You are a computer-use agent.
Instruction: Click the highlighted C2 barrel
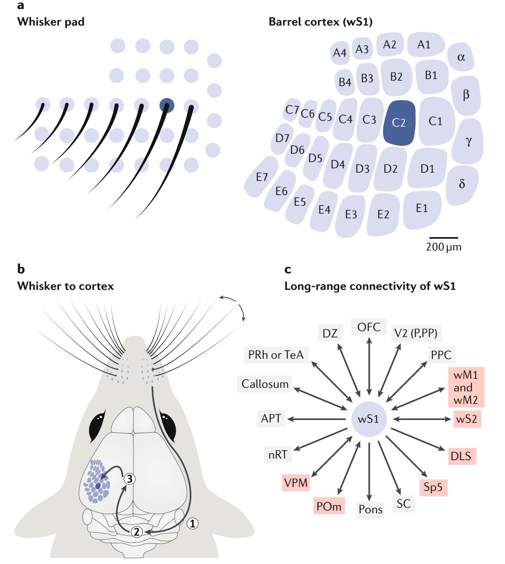(x=399, y=123)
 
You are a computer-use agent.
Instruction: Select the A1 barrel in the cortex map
(x=424, y=44)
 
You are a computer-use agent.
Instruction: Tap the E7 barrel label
(x=262, y=177)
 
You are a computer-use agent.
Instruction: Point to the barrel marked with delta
(x=462, y=184)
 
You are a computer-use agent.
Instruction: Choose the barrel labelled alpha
(x=461, y=57)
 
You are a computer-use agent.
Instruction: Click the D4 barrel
(x=338, y=164)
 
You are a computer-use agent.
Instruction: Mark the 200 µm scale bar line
(x=443, y=238)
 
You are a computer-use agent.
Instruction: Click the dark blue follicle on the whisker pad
(x=167, y=105)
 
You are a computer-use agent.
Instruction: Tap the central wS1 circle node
(x=369, y=419)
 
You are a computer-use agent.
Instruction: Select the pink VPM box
(x=296, y=483)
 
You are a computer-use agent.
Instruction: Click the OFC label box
(x=369, y=327)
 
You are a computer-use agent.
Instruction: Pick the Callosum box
(x=265, y=384)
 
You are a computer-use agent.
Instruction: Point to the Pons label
(x=370, y=509)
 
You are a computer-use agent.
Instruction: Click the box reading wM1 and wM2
(x=466, y=387)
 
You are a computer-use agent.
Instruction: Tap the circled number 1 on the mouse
(x=192, y=523)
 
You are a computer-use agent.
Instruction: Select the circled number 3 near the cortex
(x=129, y=479)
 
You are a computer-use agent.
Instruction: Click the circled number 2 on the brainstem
(x=136, y=532)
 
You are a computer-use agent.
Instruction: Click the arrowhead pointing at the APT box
(x=291, y=419)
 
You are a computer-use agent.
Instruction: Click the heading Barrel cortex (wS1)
(x=321, y=22)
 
